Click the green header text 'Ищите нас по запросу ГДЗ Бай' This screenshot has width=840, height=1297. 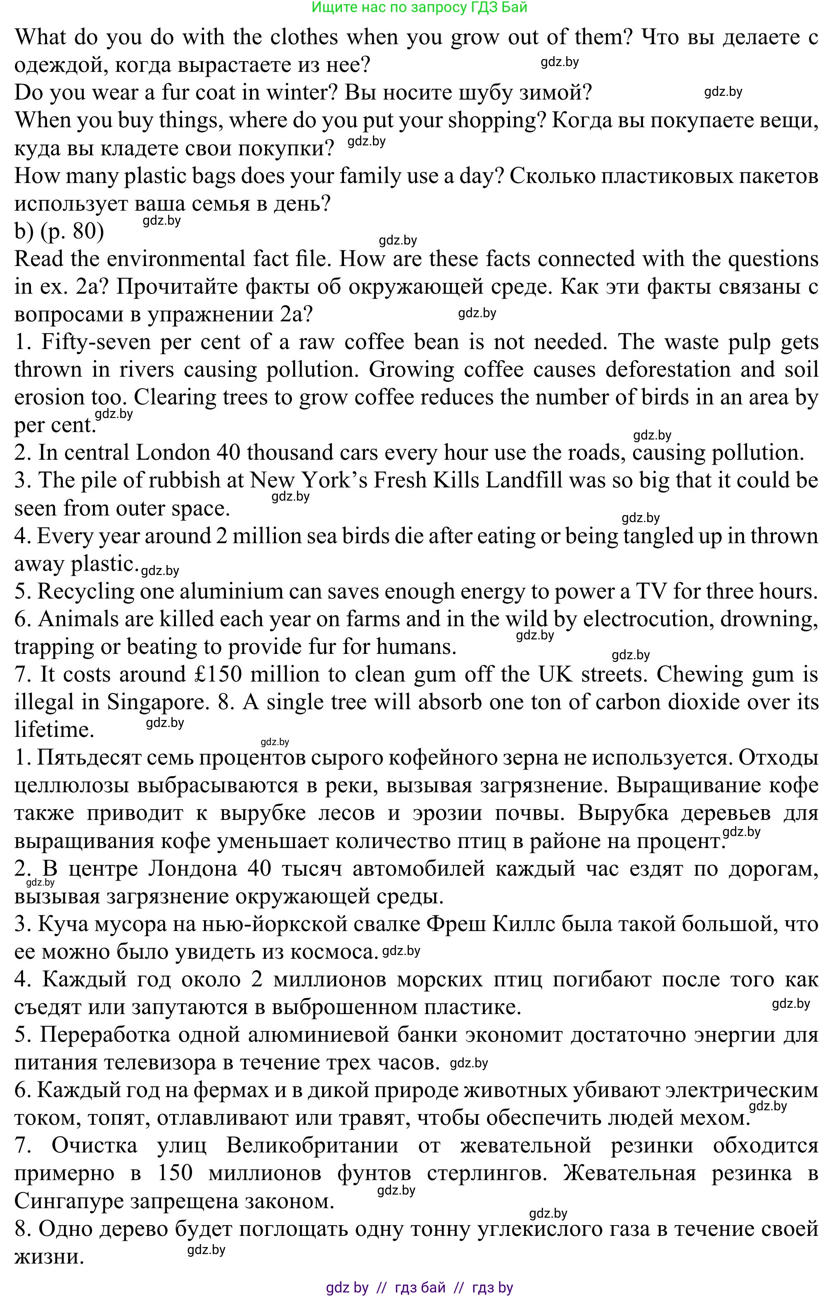click(420, 7)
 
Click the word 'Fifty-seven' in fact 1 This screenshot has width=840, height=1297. click(97, 342)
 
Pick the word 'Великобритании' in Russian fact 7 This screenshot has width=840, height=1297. click(312, 1145)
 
